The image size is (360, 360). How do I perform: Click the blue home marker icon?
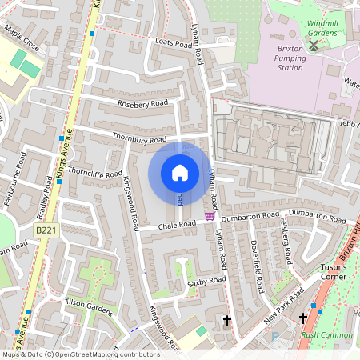click(180, 173)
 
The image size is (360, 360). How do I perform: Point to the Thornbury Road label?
click(139, 139)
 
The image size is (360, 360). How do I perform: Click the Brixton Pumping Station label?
click(279, 58)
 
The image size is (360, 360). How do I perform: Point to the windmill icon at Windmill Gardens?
click(314, 44)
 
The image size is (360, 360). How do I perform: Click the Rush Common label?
click(327, 335)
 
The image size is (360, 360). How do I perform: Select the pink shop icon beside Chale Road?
click(210, 216)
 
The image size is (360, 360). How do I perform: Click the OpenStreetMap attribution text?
click(81, 354)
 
